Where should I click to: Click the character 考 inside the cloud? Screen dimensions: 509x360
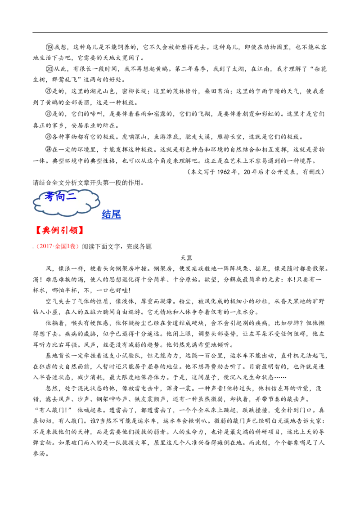(x=49, y=196)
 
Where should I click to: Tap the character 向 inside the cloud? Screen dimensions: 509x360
(x=61, y=196)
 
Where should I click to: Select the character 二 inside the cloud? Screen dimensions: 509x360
(x=72, y=196)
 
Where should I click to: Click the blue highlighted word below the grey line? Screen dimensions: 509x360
(x=111, y=215)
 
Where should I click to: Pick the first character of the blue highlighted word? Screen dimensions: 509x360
(x=106, y=215)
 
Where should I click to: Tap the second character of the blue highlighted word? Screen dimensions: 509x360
(x=116, y=215)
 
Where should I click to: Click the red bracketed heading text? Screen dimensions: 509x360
(x=58, y=231)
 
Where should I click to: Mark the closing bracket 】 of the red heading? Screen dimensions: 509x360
(x=81, y=231)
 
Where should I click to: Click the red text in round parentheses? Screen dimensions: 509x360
(x=57, y=246)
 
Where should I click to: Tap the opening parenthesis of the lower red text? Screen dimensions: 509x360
(x=37, y=246)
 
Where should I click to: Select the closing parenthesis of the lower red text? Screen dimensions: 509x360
(x=77, y=246)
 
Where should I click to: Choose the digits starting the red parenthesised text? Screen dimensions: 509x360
(x=44, y=246)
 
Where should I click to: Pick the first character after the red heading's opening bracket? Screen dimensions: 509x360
(x=44, y=231)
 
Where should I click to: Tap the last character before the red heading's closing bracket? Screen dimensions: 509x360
(x=75, y=231)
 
